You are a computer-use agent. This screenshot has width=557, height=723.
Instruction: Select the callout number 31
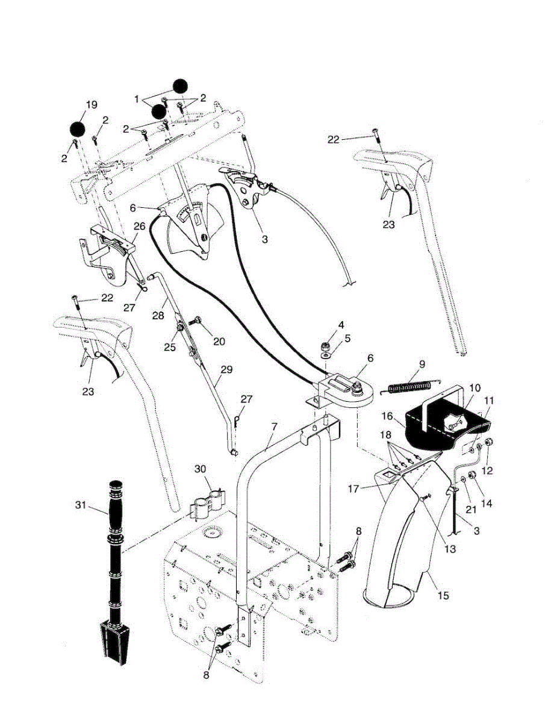(81, 505)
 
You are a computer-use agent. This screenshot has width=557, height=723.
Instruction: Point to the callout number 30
(200, 469)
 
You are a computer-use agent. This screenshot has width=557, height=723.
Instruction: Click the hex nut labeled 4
(325, 347)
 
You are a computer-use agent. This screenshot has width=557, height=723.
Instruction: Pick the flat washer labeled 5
(325, 357)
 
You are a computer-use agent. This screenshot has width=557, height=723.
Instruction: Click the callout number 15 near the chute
(443, 595)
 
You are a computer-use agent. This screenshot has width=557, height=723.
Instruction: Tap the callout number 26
(140, 227)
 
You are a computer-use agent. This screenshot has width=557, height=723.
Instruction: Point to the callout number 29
(226, 370)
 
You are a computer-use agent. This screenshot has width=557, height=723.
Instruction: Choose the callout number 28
(158, 315)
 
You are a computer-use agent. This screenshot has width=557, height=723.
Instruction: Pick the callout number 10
(475, 388)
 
